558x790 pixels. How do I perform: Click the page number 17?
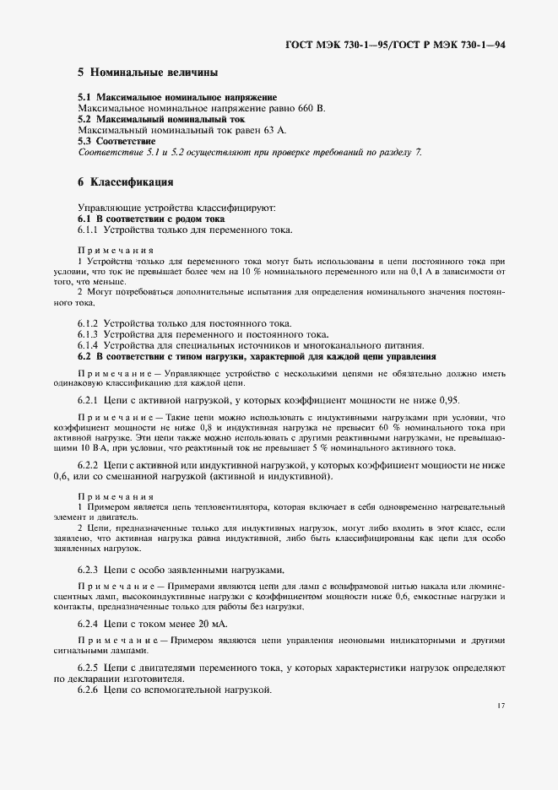point(501,706)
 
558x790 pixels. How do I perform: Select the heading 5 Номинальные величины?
point(148,73)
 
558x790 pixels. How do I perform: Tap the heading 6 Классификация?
point(126,181)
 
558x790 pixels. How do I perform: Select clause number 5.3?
point(85,141)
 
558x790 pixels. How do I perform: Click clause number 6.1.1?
point(89,230)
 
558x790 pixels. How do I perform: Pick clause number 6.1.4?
point(89,346)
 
